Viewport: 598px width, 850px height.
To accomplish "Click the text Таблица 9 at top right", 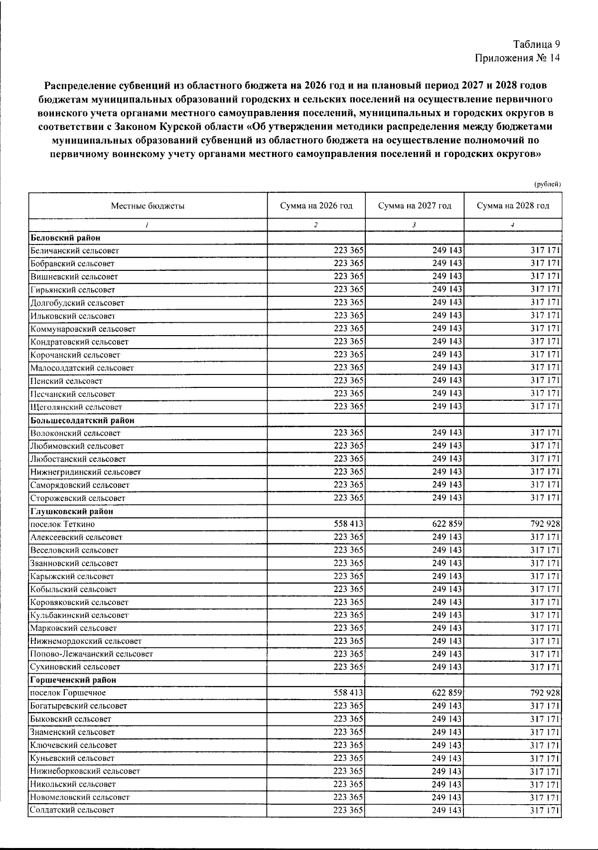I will click(537, 44).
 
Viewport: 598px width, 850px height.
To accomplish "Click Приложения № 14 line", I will click(518, 58).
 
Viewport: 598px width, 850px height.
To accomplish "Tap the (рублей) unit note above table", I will click(547, 184).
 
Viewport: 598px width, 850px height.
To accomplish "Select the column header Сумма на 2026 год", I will click(316, 206).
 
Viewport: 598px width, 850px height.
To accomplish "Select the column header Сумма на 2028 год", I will click(513, 206).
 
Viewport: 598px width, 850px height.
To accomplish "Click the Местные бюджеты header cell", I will click(148, 206).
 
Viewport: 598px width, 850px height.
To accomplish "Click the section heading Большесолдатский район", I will click(82, 420).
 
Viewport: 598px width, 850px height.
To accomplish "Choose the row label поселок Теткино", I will click(62, 524).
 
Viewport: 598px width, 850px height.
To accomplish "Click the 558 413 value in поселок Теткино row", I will click(348, 524).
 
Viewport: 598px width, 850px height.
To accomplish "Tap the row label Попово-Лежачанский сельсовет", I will click(91, 654).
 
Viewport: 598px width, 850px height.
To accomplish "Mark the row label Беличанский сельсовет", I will click(74, 251).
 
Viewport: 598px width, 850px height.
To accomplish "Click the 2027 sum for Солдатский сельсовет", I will click(447, 810).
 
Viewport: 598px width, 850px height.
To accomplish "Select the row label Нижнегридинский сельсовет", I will click(85, 472).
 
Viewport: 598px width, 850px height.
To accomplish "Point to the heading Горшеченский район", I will click(73, 680).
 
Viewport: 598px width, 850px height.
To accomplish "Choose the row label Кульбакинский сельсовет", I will click(79, 615).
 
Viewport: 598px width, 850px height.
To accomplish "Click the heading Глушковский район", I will click(72, 511).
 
